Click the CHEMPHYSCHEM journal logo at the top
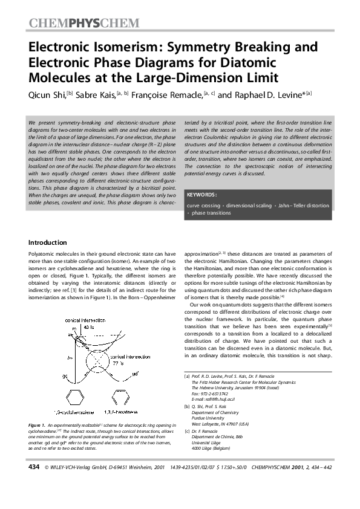pyautogui.click(x=83, y=24)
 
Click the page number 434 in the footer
pyautogui.click(x=34, y=485)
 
